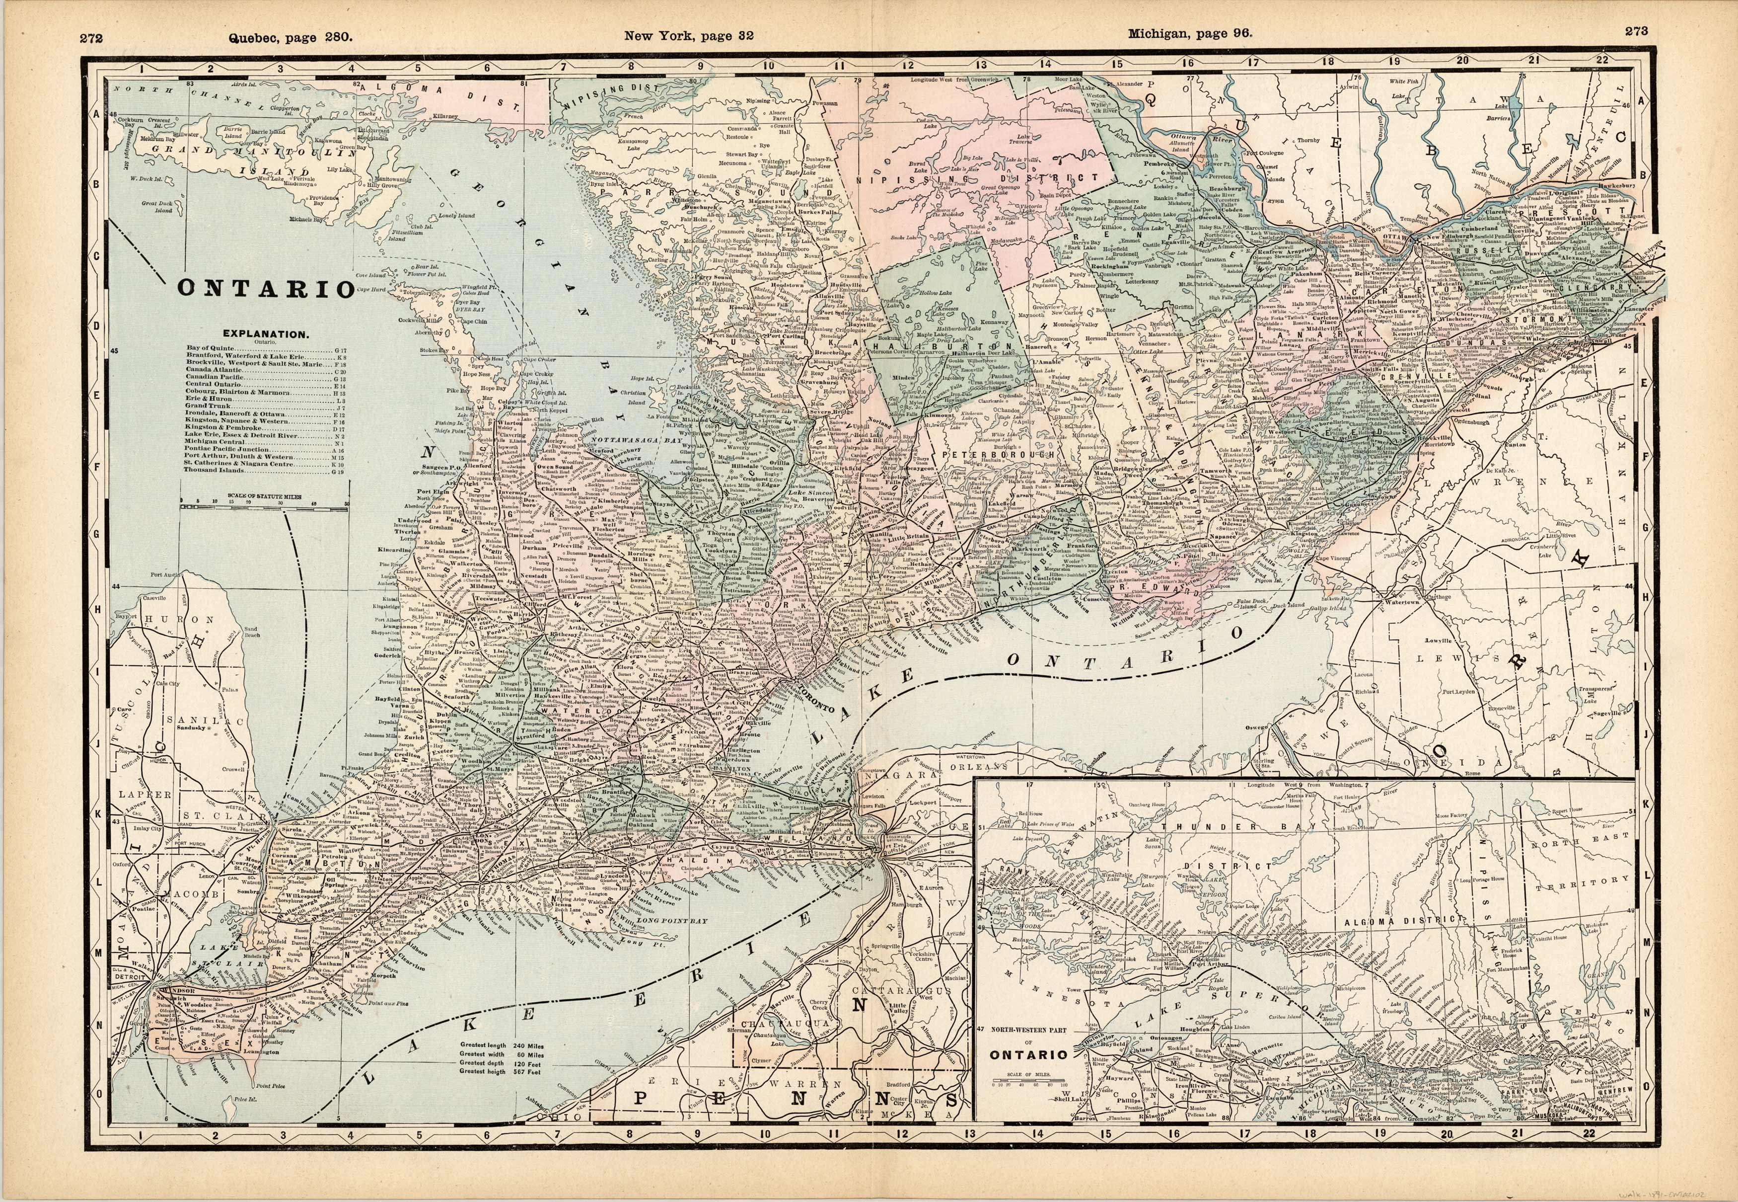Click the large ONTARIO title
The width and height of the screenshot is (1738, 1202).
point(265,289)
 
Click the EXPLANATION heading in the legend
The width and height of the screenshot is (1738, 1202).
point(264,333)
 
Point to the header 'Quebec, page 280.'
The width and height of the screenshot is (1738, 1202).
point(290,36)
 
